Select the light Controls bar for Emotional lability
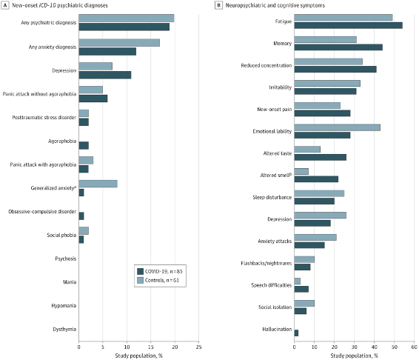click(x=337, y=127)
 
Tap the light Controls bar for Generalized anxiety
click(x=98, y=184)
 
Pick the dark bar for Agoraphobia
click(x=84, y=145)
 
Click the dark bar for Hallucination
click(x=296, y=333)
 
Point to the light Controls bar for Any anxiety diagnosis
click(x=119, y=43)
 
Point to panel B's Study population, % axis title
click(x=353, y=354)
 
